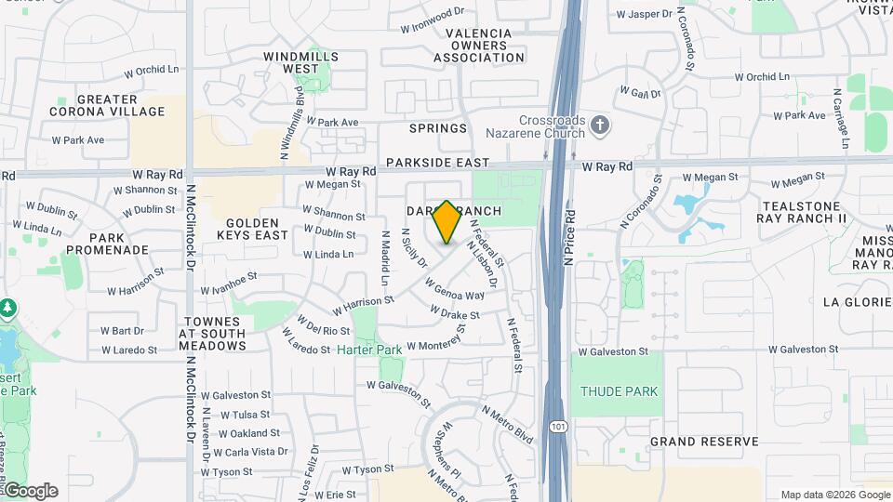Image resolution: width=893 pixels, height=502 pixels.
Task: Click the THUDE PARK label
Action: pyautogui.click(x=620, y=391)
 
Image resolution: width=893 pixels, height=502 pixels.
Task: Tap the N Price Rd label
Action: pyautogui.click(x=568, y=237)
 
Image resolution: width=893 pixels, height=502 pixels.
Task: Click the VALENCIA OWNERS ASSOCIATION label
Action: pyautogui.click(x=478, y=46)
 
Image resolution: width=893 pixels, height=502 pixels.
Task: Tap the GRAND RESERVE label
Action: pyautogui.click(x=704, y=442)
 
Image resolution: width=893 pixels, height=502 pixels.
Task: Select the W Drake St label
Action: pyautogui.click(x=454, y=315)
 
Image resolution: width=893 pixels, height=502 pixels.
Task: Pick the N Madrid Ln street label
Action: pyautogui.click(x=384, y=258)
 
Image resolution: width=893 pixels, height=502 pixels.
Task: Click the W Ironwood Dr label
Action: pyautogui.click(x=432, y=14)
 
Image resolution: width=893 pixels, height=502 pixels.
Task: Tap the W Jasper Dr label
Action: pyautogui.click(x=644, y=14)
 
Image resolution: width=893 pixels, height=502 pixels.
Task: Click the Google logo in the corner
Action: pyautogui.click(x=30, y=491)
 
